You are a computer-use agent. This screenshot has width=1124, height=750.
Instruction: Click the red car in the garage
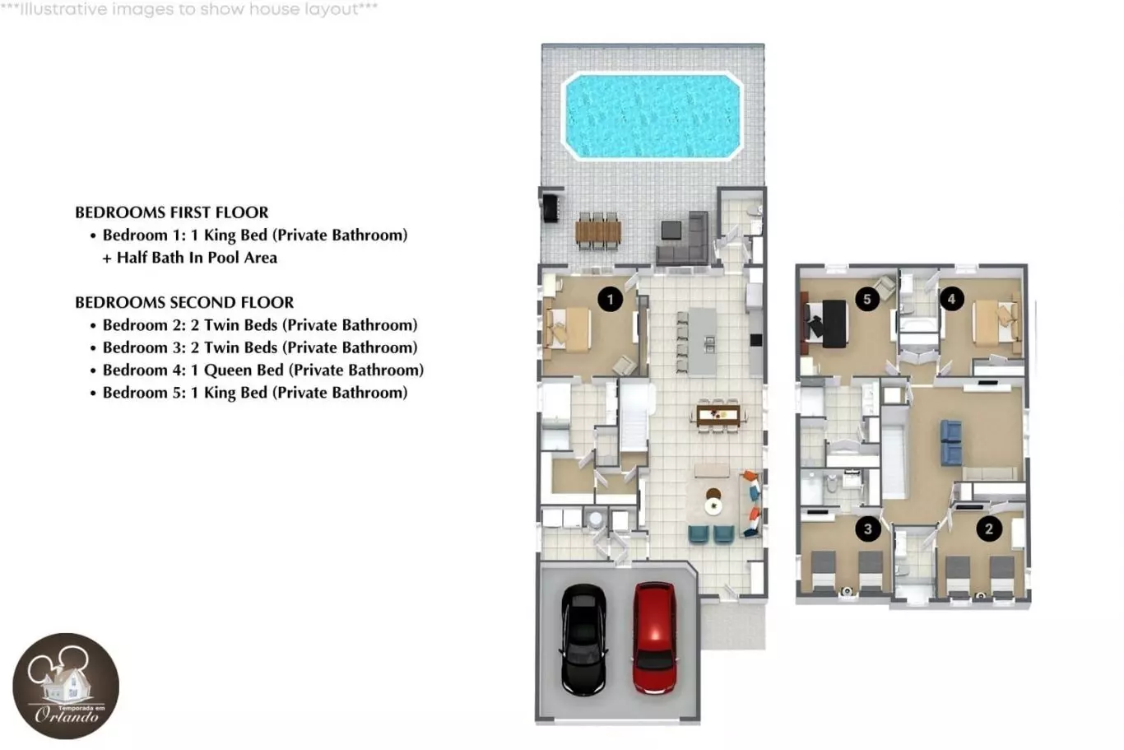click(x=654, y=638)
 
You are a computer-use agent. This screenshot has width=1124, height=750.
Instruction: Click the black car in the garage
click(x=583, y=640)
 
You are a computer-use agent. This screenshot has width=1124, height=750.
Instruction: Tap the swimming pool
click(x=653, y=116)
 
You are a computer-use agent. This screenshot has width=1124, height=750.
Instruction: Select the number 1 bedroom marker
click(x=611, y=300)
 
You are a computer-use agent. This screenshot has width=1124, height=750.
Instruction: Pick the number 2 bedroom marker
click(x=989, y=529)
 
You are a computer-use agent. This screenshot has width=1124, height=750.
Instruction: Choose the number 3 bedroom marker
click(x=867, y=528)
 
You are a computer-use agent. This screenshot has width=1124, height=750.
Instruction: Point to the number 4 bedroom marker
click(x=951, y=299)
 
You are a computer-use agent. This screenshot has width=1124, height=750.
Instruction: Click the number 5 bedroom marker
click(x=867, y=299)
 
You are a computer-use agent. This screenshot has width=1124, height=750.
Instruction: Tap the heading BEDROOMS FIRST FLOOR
click(x=172, y=212)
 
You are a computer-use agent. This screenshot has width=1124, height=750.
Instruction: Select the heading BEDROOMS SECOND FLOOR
click(x=184, y=302)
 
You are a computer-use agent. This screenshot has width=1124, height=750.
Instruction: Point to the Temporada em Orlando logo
click(x=66, y=686)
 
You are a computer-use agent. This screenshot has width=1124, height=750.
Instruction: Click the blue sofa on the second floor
click(x=951, y=442)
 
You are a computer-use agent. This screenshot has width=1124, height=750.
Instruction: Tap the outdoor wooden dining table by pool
click(x=598, y=231)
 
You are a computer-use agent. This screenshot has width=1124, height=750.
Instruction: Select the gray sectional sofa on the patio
click(x=683, y=239)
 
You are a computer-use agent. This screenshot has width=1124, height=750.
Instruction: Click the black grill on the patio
click(x=550, y=208)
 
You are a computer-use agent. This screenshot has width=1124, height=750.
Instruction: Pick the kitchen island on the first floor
click(x=703, y=342)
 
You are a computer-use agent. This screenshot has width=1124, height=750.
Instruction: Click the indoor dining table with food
click(x=718, y=415)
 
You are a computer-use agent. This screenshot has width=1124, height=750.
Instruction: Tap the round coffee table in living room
click(x=713, y=506)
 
